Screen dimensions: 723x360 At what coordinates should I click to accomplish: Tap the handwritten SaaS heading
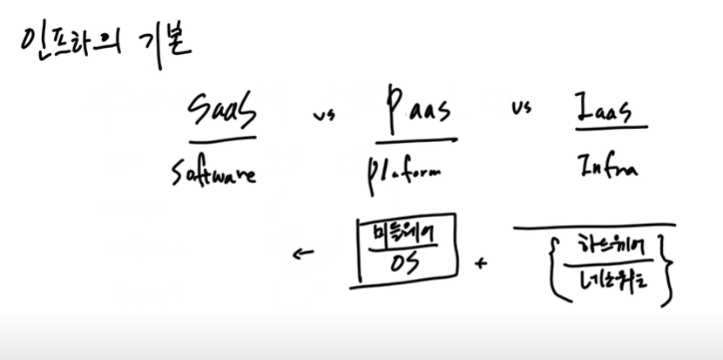(222, 112)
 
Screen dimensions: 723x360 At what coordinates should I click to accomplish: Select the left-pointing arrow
(303, 255)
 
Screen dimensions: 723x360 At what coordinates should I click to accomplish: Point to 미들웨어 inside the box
(403, 232)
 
